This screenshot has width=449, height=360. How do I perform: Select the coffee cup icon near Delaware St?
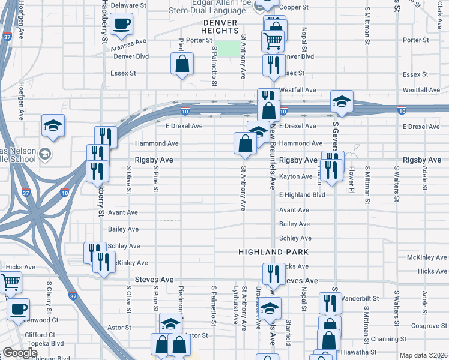click(x=122, y=23)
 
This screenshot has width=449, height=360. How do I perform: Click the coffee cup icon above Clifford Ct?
click(x=18, y=309)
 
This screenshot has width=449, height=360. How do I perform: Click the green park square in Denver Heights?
click(x=226, y=49)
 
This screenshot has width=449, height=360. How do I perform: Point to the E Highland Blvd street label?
click(x=302, y=195)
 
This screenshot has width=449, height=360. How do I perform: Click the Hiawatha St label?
click(x=357, y=352)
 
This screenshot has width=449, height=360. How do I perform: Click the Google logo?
click(x=20, y=353)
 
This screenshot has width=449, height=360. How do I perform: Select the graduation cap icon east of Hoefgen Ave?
click(x=53, y=125)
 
